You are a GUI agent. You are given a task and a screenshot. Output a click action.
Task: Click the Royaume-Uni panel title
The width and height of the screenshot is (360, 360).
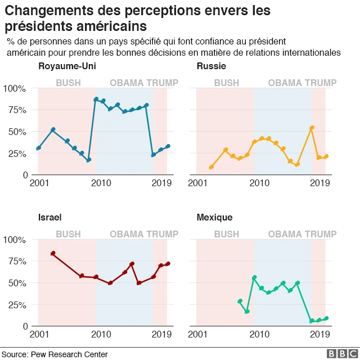67,67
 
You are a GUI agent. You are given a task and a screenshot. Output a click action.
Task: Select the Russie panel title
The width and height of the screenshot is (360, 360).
211,67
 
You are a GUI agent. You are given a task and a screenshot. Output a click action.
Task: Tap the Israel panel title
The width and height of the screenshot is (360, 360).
50,218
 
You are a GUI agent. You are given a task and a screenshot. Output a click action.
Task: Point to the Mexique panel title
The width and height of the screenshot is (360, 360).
215,218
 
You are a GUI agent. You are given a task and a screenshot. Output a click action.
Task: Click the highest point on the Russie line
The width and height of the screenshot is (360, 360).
312,128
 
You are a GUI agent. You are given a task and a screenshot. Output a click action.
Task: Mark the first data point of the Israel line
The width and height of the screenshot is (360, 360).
53,254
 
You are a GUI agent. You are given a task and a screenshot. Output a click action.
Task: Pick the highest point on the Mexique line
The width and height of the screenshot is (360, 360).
254,277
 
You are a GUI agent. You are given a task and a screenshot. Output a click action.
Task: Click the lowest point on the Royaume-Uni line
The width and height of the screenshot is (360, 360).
89,160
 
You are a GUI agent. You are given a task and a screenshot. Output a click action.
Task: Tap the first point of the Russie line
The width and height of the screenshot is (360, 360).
211,167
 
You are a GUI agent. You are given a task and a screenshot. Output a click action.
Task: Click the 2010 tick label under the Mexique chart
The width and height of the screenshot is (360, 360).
258,335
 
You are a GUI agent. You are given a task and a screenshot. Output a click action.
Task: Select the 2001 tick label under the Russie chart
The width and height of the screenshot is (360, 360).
197,183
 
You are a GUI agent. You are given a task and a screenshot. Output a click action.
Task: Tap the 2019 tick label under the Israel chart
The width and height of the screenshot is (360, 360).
161,335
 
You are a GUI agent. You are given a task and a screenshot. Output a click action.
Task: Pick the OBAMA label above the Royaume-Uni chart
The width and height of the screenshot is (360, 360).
127,83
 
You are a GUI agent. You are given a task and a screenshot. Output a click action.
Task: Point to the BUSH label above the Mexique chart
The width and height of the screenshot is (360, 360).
227,234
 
